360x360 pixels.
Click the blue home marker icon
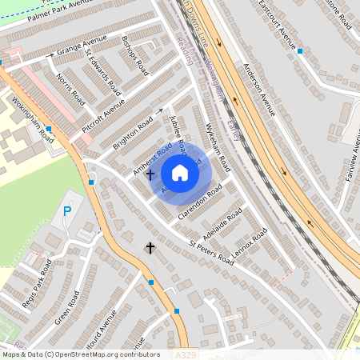coord(180,173)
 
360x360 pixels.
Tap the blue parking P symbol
coord(67,212)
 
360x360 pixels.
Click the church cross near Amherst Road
coord(150,173)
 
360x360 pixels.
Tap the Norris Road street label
coord(71,90)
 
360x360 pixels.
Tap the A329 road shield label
coord(186,353)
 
